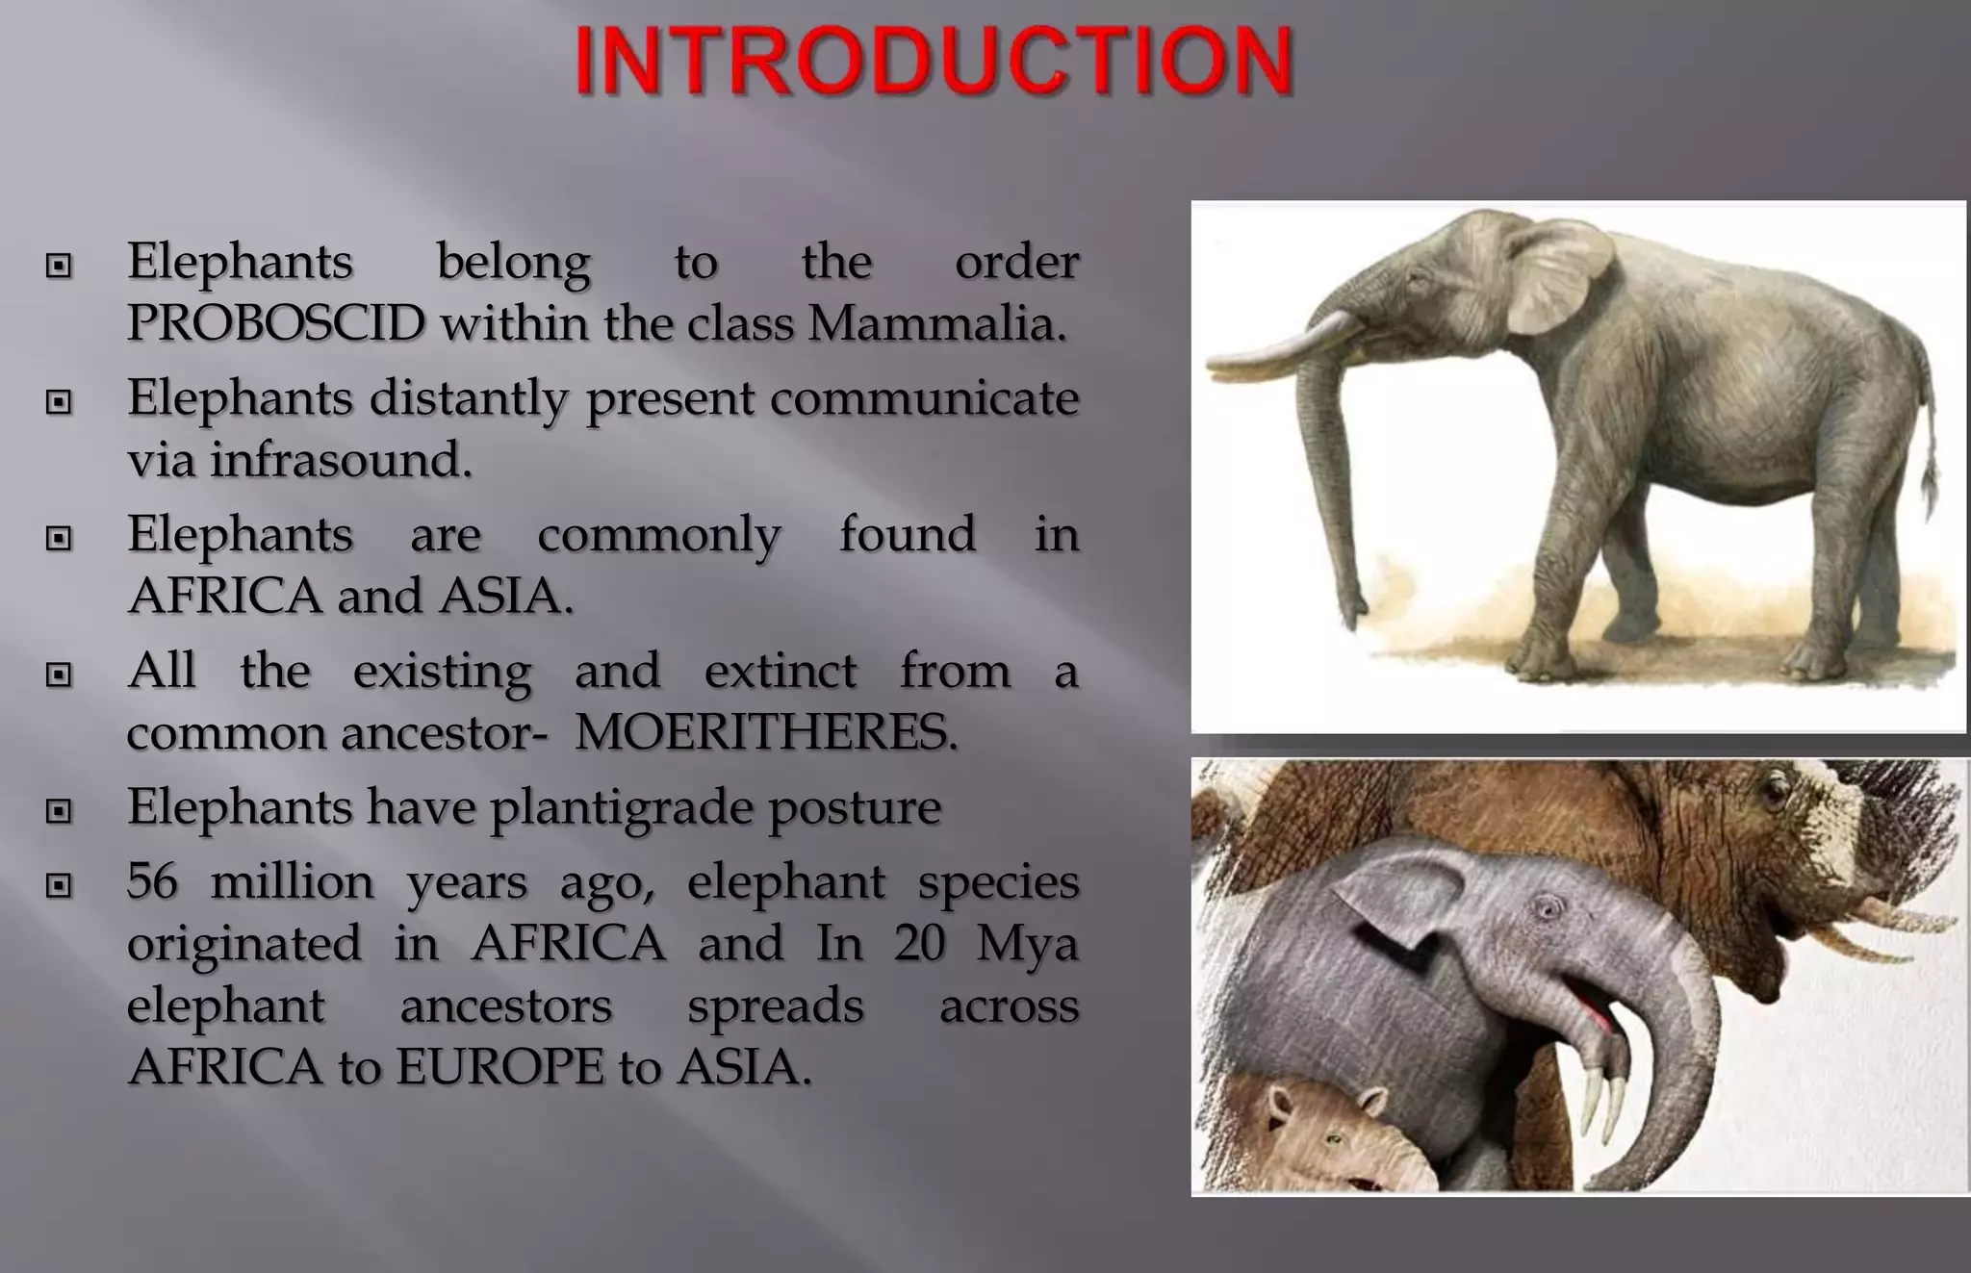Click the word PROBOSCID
click(275, 323)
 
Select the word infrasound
click(341, 460)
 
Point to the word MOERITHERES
click(765, 733)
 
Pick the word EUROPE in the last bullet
click(499, 1067)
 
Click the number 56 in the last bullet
click(152, 881)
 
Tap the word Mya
click(1026, 943)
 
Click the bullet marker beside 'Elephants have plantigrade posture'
click(59, 811)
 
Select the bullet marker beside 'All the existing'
click(59, 675)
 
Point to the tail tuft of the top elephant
click(1930, 481)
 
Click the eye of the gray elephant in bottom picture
click(1547, 907)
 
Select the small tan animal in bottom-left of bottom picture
click(1318, 1135)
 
